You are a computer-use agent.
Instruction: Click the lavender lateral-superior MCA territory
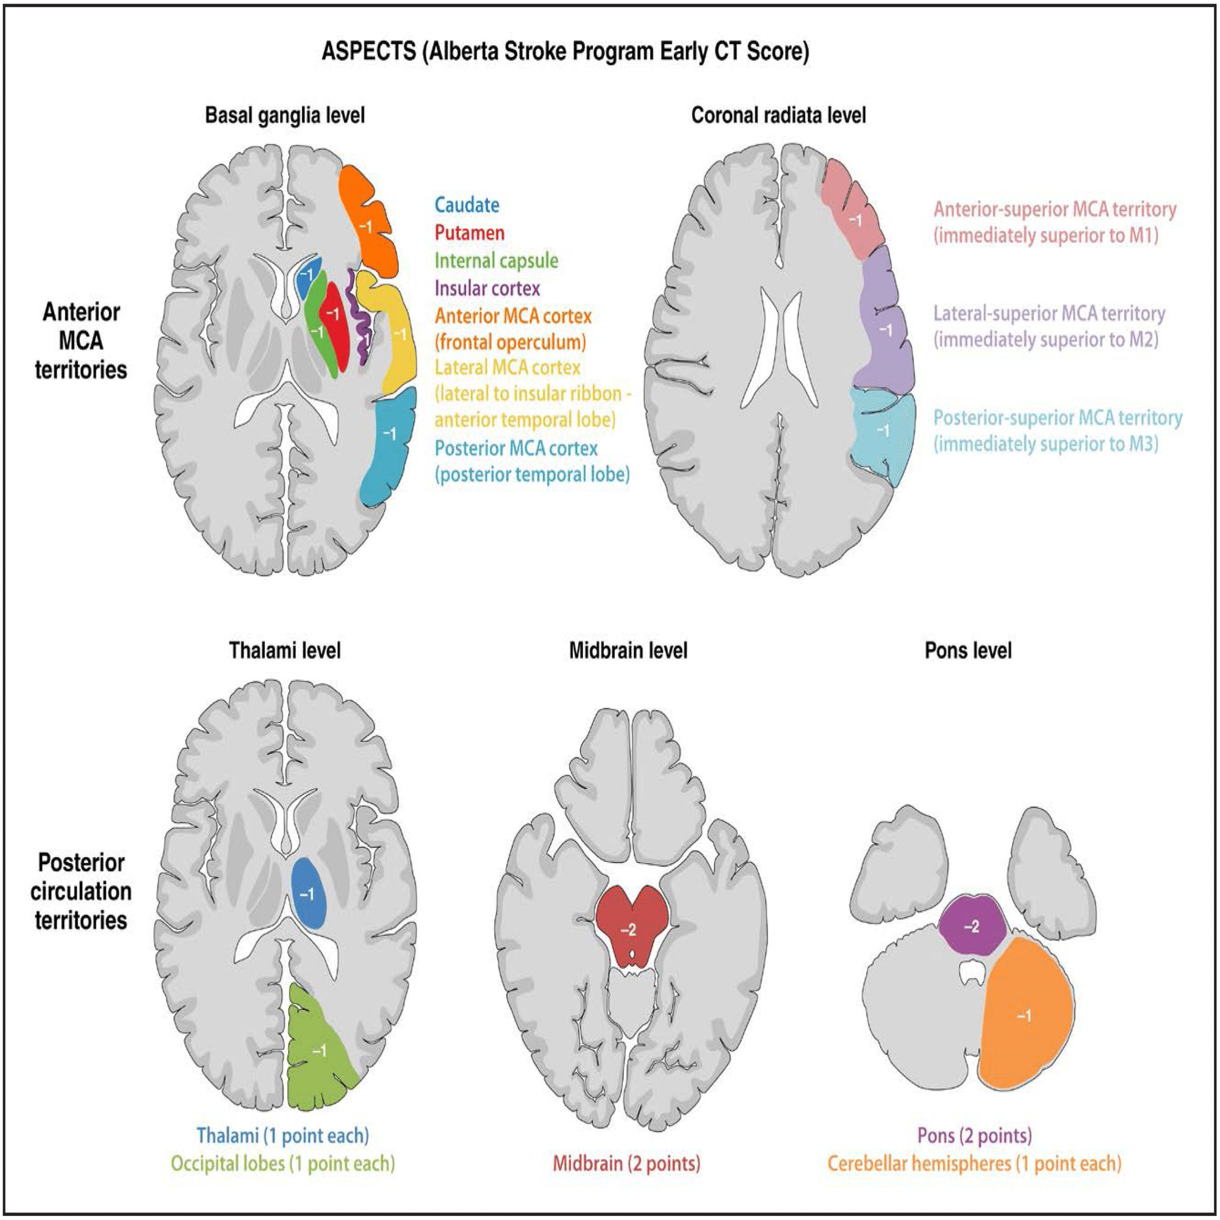[x=884, y=328]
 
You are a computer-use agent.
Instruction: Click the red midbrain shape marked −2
[x=628, y=928]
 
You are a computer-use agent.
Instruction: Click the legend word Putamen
[x=469, y=233]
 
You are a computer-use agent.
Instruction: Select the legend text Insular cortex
[x=487, y=289]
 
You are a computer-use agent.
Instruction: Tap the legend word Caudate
[x=467, y=205]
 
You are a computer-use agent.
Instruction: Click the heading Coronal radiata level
[x=778, y=115]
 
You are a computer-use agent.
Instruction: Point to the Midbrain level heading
[x=628, y=650]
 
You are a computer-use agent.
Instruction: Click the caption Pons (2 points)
[x=974, y=1135]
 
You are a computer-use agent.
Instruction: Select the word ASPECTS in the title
[x=369, y=51]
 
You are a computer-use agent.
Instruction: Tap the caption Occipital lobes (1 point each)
[x=283, y=1163]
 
